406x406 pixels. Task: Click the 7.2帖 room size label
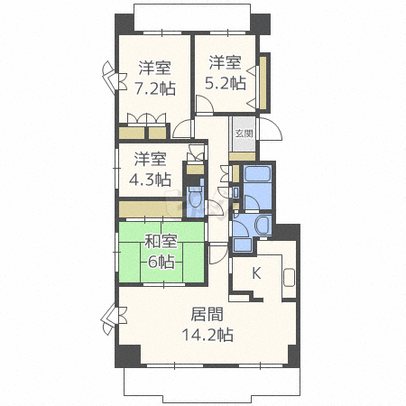(x=155, y=88)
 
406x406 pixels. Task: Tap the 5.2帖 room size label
(x=226, y=83)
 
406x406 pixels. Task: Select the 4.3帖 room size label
(x=150, y=180)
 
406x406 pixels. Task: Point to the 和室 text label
(x=161, y=241)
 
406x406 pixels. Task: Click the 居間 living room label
(x=208, y=314)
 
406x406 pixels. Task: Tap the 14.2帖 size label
(x=208, y=335)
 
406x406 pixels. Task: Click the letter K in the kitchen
(x=256, y=273)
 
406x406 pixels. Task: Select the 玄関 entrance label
(x=244, y=134)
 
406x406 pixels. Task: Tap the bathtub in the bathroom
(x=257, y=174)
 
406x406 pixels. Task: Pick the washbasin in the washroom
(x=263, y=225)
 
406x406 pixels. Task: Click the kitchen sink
(x=289, y=277)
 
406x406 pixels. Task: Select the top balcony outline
(x=192, y=17)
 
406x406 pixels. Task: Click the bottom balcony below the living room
(x=212, y=385)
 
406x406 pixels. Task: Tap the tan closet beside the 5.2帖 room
(x=263, y=83)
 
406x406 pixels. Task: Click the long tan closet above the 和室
(x=151, y=209)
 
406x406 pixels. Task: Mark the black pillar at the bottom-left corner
(x=128, y=355)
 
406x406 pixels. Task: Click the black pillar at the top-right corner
(x=261, y=23)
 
